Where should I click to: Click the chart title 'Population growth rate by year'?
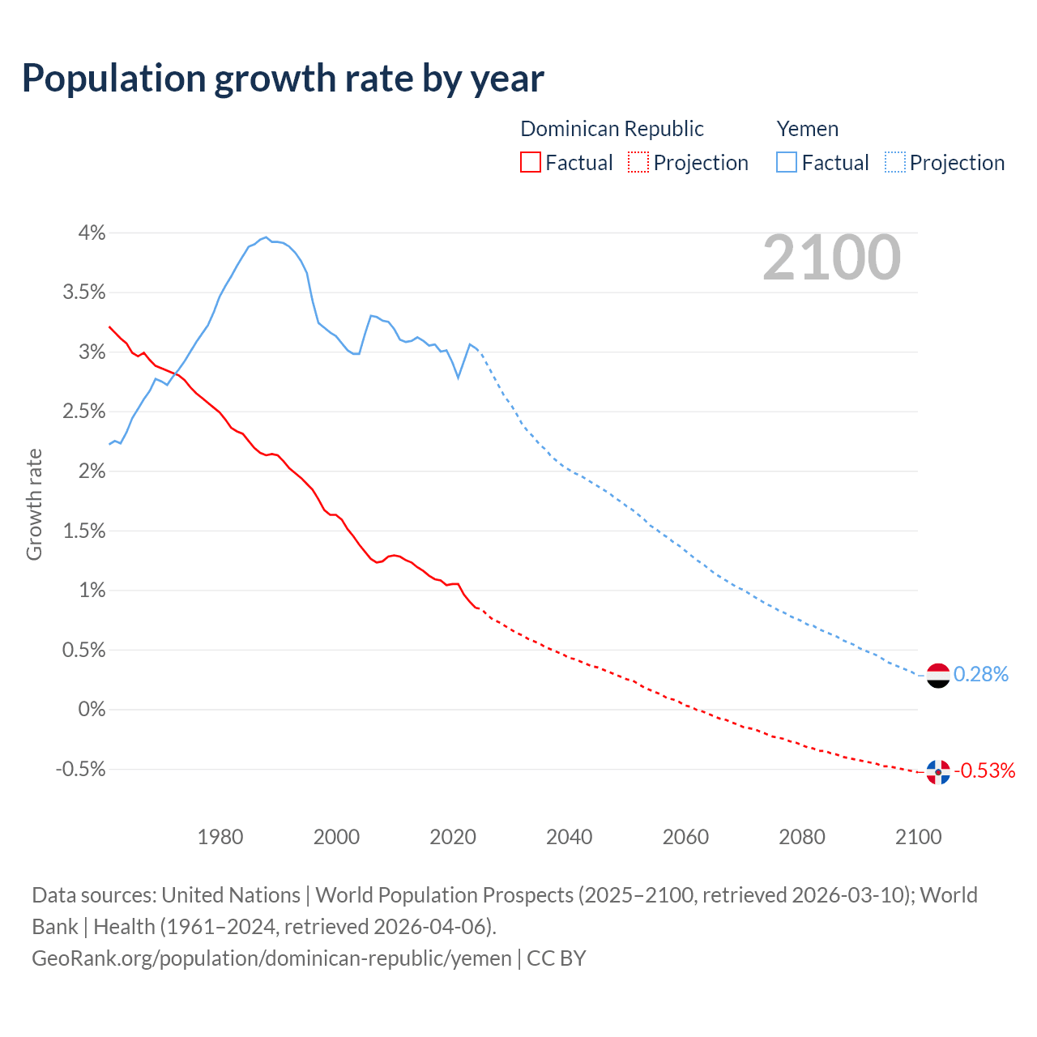point(283,79)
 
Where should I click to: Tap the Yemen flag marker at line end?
point(937,675)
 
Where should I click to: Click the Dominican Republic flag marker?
point(937,772)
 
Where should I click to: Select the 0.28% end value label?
point(980,674)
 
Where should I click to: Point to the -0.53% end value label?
point(984,770)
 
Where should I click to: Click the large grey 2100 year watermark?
point(831,258)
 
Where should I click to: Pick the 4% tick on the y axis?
point(92,233)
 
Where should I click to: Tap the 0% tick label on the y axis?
point(92,710)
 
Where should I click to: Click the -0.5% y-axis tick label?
point(80,769)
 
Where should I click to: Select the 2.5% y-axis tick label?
point(84,412)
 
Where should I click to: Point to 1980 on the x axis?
point(220,837)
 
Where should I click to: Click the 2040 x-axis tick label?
point(569,837)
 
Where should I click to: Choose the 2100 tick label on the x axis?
point(918,837)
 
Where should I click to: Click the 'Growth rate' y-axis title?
point(34,504)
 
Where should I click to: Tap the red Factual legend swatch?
point(530,163)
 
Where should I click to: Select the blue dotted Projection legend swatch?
point(894,163)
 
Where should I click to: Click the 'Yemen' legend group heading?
point(807,129)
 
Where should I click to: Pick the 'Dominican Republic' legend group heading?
point(612,129)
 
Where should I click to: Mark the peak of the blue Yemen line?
point(266,237)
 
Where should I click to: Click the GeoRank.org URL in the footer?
point(271,958)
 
